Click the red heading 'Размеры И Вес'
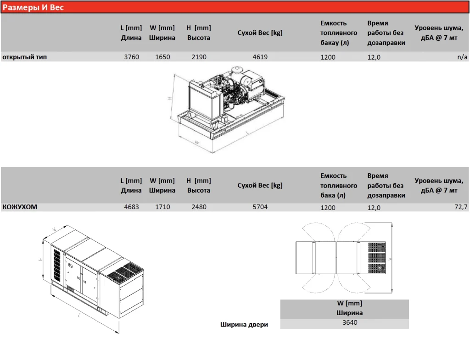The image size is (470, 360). click(34, 8)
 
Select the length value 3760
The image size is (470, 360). click(131, 57)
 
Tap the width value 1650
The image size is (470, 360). click(162, 57)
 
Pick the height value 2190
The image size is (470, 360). click(199, 57)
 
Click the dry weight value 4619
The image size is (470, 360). click(260, 57)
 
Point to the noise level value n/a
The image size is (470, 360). click(462, 57)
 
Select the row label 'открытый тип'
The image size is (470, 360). click(25, 57)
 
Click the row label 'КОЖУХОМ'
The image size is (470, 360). click(20, 207)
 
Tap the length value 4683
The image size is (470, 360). click(131, 207)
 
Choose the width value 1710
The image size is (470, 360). click(162, 207)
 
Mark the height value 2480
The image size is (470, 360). click(199, 207)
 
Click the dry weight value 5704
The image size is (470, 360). click(260, 207)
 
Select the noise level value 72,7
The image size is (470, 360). click(460, 207)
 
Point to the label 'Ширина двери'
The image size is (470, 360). click(244, 325)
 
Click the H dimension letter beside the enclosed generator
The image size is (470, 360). click(40, 259)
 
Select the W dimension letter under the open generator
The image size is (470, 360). click(196, 143)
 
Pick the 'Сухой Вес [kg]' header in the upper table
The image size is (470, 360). click(260, 33)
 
